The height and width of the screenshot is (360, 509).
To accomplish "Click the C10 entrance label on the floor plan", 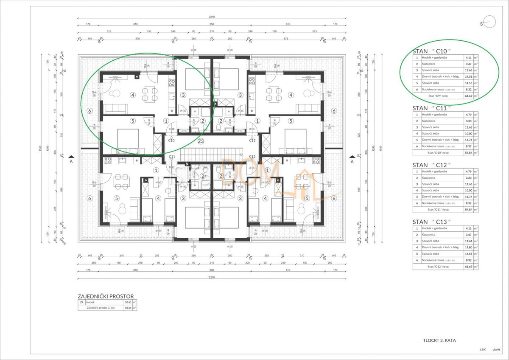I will pos(171,140).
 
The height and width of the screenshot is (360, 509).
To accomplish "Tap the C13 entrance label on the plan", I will pos(252,140).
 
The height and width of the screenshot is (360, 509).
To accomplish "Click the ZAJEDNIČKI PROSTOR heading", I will pos(106,296).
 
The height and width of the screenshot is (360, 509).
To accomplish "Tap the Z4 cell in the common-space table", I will pos(81,302).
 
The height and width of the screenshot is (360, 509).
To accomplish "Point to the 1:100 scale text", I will pos(482,349).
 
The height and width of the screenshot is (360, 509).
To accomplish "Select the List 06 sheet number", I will pos(497,349).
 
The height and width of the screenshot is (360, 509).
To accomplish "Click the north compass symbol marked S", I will pos(488,23).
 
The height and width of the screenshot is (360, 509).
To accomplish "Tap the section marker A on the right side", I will pos(352,161).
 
